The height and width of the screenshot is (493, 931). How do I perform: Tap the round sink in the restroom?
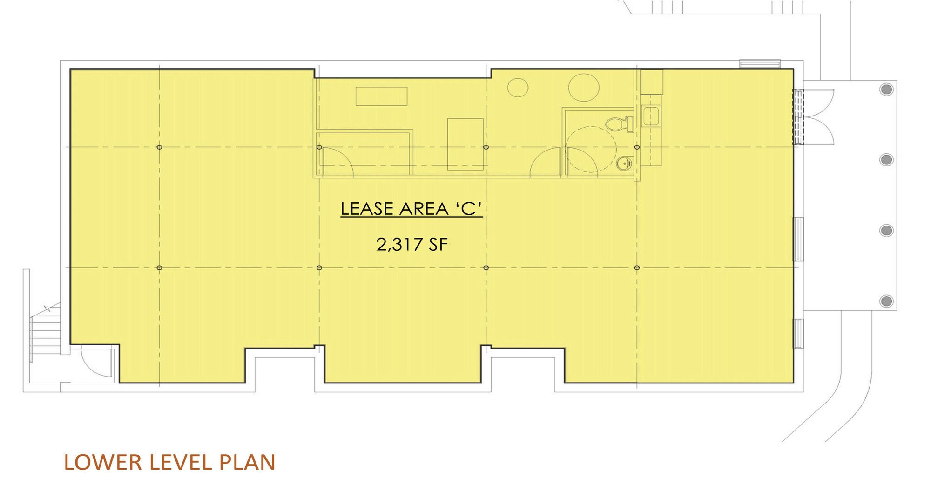pos(624,164)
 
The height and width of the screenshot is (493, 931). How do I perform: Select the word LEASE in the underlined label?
pos(368,209)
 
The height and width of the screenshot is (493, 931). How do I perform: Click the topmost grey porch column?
pos(886,89)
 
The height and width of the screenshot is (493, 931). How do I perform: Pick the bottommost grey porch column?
pos(886,300)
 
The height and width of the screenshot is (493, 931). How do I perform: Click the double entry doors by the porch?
pos(812,116)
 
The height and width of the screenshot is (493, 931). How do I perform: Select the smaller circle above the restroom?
pos(517,87)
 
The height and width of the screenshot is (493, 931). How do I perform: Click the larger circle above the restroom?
pos(583,87)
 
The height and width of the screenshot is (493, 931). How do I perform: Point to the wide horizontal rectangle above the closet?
pos(382,96)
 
